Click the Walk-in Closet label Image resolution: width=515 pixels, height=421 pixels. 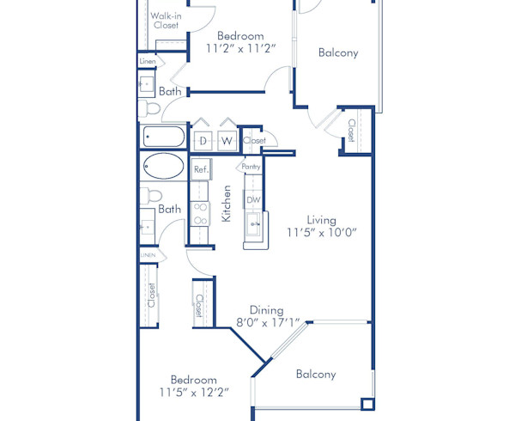coord(166,21)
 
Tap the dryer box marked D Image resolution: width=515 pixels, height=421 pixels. coord(203,140)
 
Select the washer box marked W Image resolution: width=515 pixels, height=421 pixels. coord(227,140)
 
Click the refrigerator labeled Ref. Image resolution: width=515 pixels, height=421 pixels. coord(201,169)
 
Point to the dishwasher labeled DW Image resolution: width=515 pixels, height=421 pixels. coord(253,200)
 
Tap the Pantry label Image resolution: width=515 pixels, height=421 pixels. coord(251,167)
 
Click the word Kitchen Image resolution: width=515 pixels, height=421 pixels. coord(227,204)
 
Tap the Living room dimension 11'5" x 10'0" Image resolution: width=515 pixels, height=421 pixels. coord(321,232)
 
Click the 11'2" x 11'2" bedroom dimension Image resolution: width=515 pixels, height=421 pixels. coord(240,49)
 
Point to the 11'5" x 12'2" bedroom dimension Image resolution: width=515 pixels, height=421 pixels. coord(193,393)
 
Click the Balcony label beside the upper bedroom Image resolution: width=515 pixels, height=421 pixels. coord(338,52)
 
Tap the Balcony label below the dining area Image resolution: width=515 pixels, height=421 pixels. coord(316,374)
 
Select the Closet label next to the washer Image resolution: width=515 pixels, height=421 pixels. coord(255,140)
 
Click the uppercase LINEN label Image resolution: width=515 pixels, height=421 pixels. coord(148,255)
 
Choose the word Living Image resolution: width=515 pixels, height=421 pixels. coord(321,219)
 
